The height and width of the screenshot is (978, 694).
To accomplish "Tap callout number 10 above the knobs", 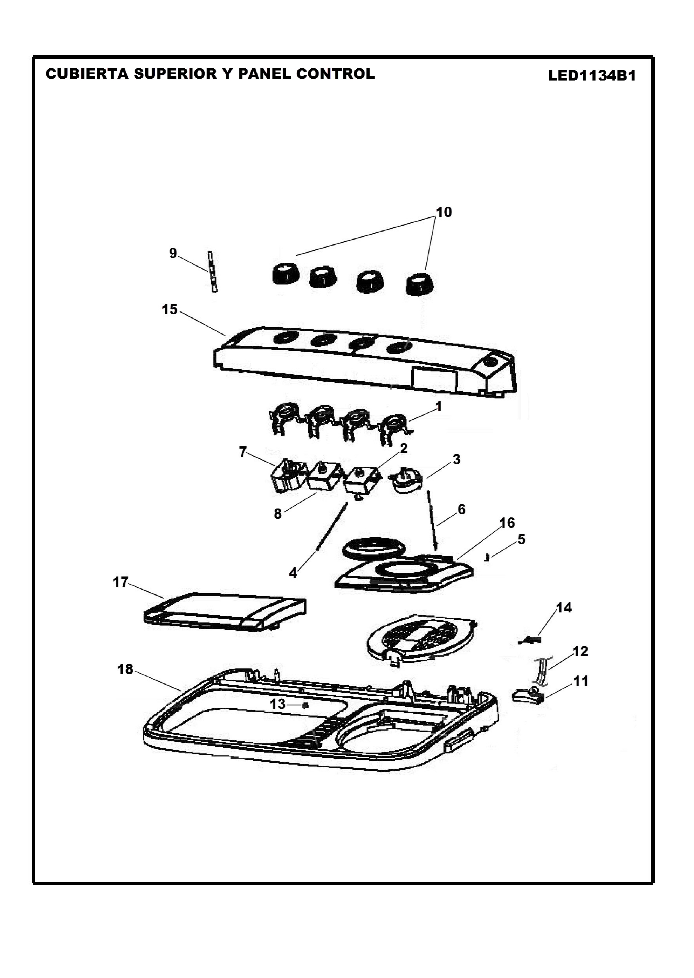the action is pyautogui.click(x=444, y=212).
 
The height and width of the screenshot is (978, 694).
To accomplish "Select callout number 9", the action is pyautogui.click(x=173, y=253).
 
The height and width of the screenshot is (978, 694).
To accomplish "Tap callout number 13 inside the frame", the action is pyautogui.click(x=278, y=704).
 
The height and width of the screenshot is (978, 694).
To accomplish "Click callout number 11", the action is pyautogui.click(x=580, y=681).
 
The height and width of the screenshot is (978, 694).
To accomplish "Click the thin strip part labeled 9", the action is pyautogui.click(x=212, y=271).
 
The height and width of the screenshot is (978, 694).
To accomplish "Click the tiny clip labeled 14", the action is pyautogui.click(x=530, y=640).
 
